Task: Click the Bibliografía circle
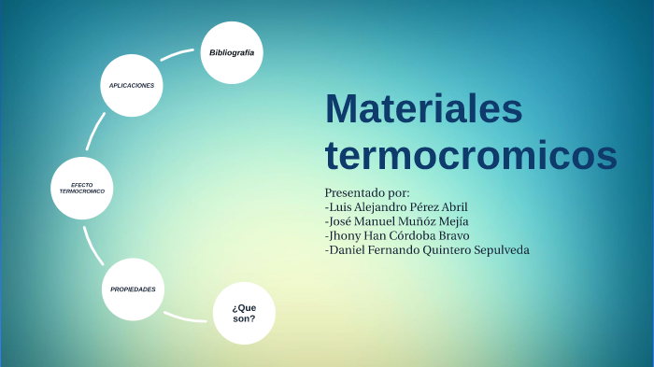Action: pos(232,52)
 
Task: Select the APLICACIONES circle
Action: pos(132,85)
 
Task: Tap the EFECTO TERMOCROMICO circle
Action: pos(82,188)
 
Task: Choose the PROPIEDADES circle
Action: pos(133,289)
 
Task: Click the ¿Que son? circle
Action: pos(244,313)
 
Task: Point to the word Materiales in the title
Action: pos(423,108)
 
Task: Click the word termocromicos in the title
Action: pos(470,154)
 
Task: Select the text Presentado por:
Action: pos(367,192)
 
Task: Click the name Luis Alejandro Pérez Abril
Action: pos(396,206)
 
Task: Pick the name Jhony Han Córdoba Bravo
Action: pos(396,235)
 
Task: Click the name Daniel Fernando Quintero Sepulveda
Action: pos(427,249)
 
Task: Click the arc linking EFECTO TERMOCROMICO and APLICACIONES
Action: pos(94,132)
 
